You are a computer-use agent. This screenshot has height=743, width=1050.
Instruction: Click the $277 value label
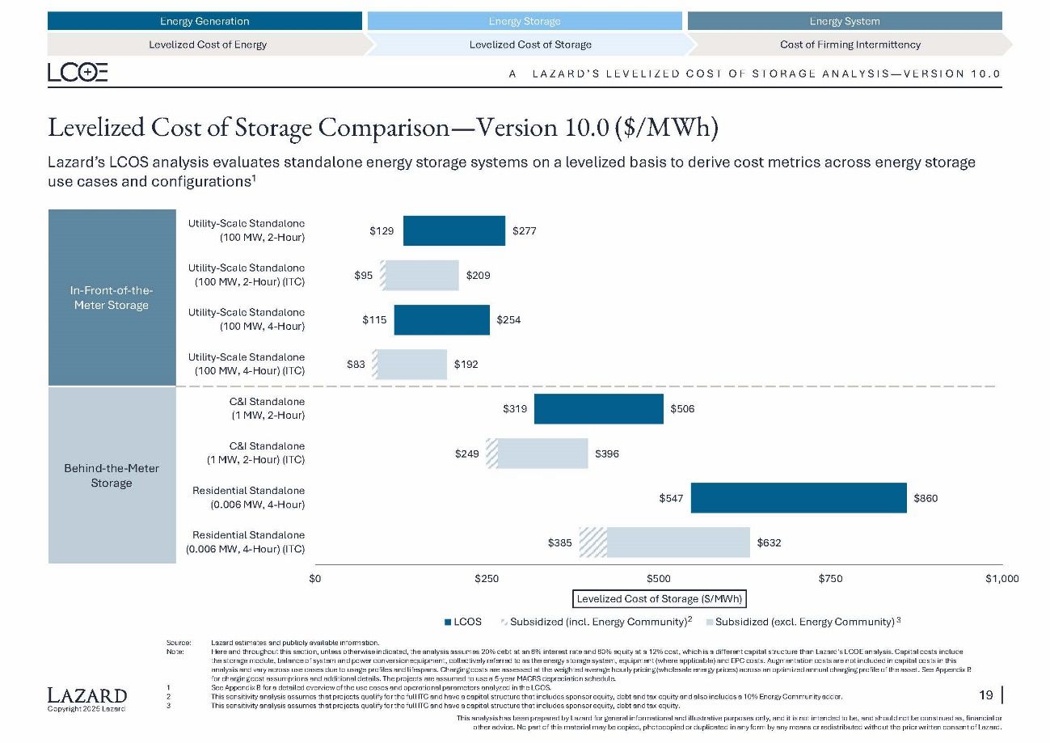(525, 231)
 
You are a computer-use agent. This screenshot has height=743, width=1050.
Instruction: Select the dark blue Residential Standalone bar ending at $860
(798, 498)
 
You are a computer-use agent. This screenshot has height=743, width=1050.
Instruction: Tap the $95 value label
(364, 276)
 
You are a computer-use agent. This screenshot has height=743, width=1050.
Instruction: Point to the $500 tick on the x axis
(659, 579)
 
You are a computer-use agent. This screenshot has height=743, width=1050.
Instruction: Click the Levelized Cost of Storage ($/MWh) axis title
(659, 599)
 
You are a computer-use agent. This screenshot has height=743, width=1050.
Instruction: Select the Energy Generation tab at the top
(205, 21)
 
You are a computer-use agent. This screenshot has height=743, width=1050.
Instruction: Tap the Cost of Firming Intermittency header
(850, 44)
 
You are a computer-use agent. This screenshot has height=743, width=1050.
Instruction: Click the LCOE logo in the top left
(78, 74)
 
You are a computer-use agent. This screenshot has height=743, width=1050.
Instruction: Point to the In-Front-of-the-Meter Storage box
(112, 298)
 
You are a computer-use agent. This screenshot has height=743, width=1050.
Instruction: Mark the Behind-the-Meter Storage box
(112, 475)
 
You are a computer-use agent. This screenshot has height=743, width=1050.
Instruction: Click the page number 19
(986, 695)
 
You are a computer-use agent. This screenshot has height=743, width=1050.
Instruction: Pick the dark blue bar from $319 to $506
(598, 409)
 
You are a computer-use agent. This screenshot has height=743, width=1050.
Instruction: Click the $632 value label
(768, 542)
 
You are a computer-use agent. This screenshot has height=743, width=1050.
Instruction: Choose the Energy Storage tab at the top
(525, 21)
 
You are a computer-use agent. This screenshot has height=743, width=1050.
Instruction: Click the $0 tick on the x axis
(315, 579)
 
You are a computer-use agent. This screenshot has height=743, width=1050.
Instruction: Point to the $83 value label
(356, 365)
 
